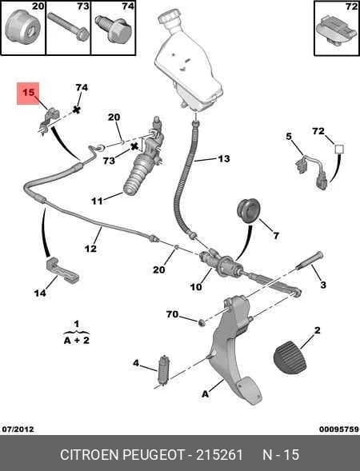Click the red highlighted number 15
click(x=29, y=92)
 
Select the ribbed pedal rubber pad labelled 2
click(x=290, y=357)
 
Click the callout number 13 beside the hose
click(x=223, y=158)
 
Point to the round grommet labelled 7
click(x=249, y=210)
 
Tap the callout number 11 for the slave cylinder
click(x=97, y=201)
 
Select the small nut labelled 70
click(x=202, y=323)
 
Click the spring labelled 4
click(x=164, y=369)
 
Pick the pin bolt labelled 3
click(x=310, y=261)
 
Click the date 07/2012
click(x=18, y=429)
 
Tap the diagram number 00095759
click(x=339, y=429)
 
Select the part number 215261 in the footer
click(x=219, y=454)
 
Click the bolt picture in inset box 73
click(x=68, y=26)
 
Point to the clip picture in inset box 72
click(x=336, y=30)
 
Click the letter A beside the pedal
click(x=205, y=393)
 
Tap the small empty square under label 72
click(x=339, y=149)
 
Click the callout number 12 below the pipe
click(x=90, y=249)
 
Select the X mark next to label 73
click(x=134, y=147)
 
